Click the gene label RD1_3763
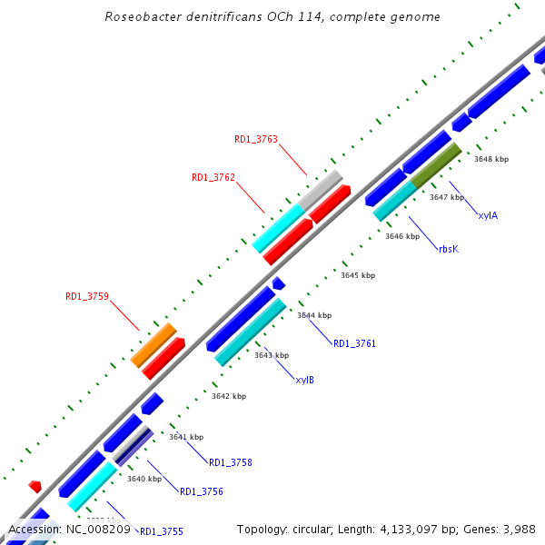pyautogui.click(x=256, y=139)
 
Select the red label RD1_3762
pyautogui.click(x=213, y=177)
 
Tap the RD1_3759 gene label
pyautogui.click(x=87, y=296)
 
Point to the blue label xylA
pyautogui.click(x=488, y=215)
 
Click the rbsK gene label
pyautogui.click(x=449, y=248)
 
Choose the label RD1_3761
pyautogui.click(x=354, y=343)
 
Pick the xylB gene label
pyautogui.click(x=305, y=380)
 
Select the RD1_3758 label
pyautogui.click(x=231, y=462)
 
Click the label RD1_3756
pyautogui.click(x=202, y=491)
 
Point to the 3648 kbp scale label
pyautogui.click(x=491, y=159)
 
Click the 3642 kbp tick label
pyautogui.click(x=229, y=396)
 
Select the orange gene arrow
pyautogui.click(x=153, y=345)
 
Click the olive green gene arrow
pyautogui.click(x=437, y=164)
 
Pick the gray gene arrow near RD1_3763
pyautogui.click(x=321, y=188)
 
